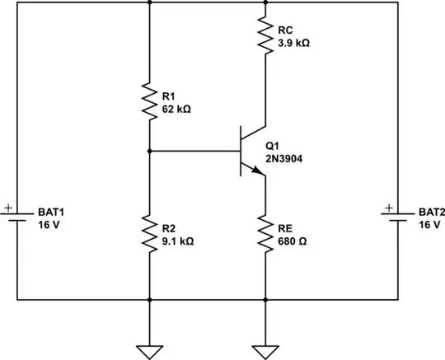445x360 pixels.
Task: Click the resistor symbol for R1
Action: click(x=148, y=101)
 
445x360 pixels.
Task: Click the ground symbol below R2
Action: click(x=148, y=329)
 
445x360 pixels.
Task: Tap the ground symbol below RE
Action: click(x=265, y=329)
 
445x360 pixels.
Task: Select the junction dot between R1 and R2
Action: click(x=148, y=151)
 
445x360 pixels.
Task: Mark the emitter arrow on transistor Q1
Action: click(x=258, y=171)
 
